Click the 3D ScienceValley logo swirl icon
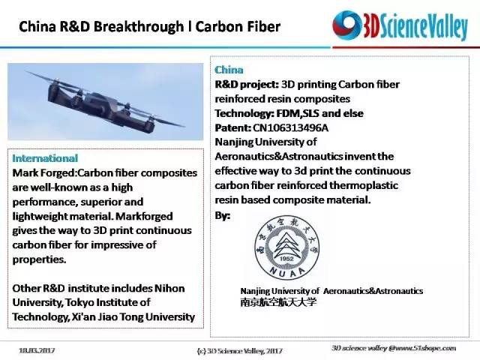(347, 25)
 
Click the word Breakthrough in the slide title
(138, 27)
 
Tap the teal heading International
(45, 158)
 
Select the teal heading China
(229, 70)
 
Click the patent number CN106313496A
(290, 127)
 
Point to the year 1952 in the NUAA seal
(286, 259)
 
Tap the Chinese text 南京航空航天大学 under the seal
(278, 301)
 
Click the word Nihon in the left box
(169, 288)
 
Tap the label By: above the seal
(223, 215)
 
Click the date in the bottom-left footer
(37, 350)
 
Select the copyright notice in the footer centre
(239, 351)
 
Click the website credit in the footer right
(394, 348)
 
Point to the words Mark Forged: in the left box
(45, 173)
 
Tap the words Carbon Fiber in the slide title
(238, 27)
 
